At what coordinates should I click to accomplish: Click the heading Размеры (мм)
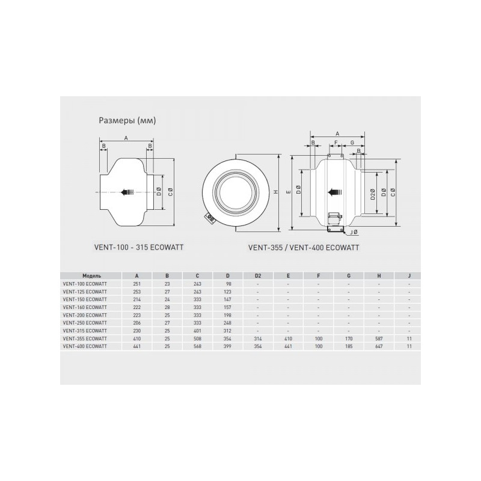pos(127,121)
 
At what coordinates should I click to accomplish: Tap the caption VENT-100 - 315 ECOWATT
pos(139,247)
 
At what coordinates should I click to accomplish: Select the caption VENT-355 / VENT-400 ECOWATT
pos(304,247)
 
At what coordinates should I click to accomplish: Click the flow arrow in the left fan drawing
pos(127,192)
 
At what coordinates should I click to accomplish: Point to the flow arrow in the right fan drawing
pos(335,192)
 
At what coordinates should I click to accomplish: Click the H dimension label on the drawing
pos(276,192)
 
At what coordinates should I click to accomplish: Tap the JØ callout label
pos(354,232)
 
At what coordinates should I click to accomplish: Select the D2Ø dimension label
pos(373,194)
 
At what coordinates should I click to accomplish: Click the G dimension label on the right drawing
pos(352,142)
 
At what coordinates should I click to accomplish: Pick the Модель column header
pos(92,276)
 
